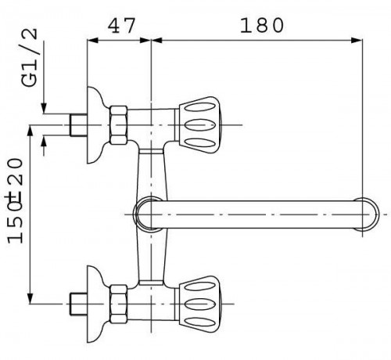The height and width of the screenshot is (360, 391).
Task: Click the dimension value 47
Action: pyautogui.click(x=122, y=26)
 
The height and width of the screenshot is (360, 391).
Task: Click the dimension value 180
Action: pyautogui.click(x=261, y=26)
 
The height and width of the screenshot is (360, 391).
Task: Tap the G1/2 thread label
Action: pyautogui.click(x=30, y=57)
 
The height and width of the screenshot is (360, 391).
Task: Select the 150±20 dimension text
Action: pyautogui.click(x=15, y=200)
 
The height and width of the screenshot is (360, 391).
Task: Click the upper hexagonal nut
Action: pyautogui.click(x=119, y=125)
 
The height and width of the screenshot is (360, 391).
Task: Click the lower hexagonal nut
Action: pyautogui.click(x=119, y=304)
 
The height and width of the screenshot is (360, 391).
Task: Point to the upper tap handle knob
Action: pyautogui.click(x=199, y=125)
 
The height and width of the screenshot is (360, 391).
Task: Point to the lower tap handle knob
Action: pyautogui.click(x=199, y=304)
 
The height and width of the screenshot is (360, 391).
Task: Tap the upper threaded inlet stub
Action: pyautogui.click(x=78, y=125)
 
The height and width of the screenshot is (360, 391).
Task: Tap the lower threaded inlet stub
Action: pyautogui.click(x=78, y=304)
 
